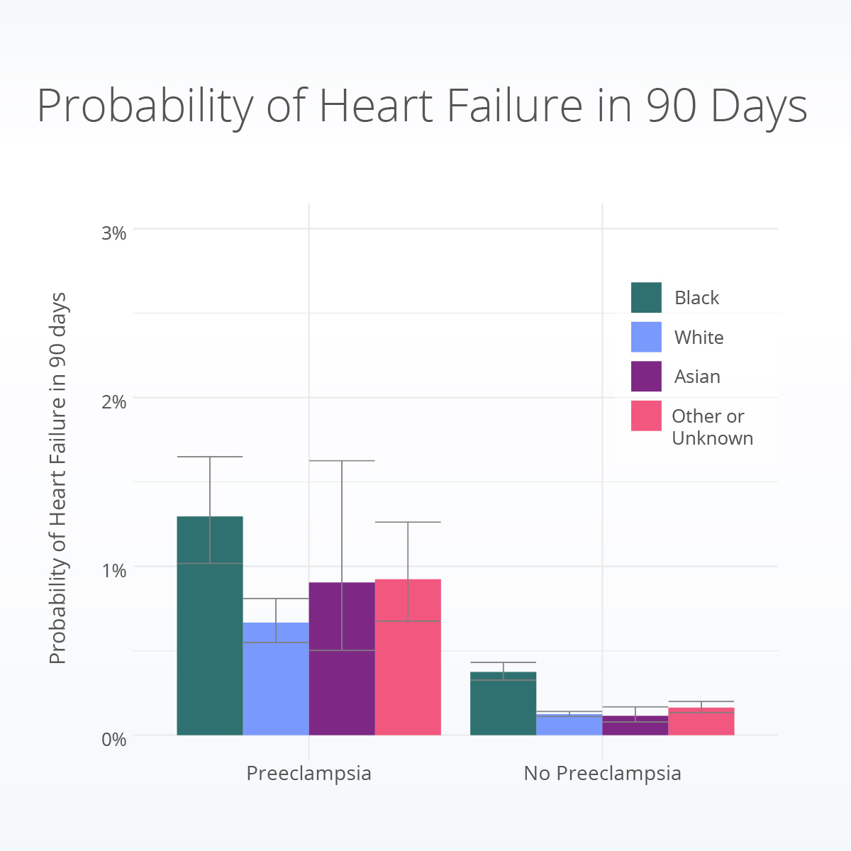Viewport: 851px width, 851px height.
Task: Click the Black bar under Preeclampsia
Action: [210, 638]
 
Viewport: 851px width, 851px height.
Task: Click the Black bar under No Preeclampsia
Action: [504, 706]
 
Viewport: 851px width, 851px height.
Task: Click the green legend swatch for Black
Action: [646, 297]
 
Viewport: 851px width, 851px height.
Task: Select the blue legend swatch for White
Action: [646, 337]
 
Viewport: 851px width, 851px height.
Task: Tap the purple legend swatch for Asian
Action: [646, 377]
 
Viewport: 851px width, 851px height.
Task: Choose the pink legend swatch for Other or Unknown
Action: [646, 416]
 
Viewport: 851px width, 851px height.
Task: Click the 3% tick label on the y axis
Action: [114, 233]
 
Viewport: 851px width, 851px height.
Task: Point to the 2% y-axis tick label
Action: [114, 401]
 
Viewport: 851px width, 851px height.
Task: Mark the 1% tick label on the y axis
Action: [114, 570]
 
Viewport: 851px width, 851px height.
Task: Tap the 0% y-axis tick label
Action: [114, 739]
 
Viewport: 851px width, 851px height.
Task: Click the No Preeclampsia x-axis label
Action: [602, 773]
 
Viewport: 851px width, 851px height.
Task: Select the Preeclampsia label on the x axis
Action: [308, 773]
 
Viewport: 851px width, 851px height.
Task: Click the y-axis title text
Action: [58, 478]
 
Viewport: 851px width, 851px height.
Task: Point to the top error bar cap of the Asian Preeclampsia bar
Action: [342, 461]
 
